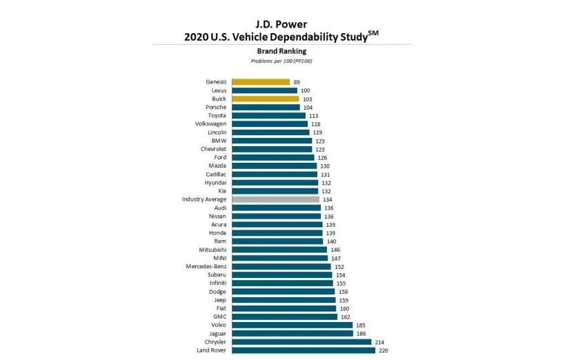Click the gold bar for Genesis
tap(261, 82)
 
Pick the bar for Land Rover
tap(304, 350)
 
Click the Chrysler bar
tap(301, 341)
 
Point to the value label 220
tap(384, 350)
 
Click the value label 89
tap(297, 82)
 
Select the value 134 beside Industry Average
tap(328, 199)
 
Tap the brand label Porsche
tap(215, 107)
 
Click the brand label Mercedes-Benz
tap(206, 266)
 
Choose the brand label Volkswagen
tap(210, 123)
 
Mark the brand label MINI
tap(219, 258)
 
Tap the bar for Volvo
tap(292, 325)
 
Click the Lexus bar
tap(264, 90)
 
